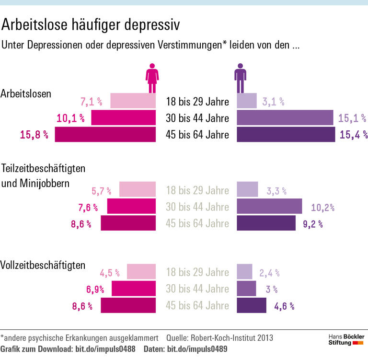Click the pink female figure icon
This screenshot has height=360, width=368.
pyautogui.click(x=152, y=78)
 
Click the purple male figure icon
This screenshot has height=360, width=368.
pyautogui.click(x=240, y=78)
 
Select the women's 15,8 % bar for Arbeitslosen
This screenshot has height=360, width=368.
pyautogui.click(x=105, y=134)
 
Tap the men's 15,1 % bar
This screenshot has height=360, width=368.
pyautogui.click(x=285, y=118)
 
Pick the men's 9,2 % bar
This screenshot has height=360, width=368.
pyautogui.click(x=266, y=223)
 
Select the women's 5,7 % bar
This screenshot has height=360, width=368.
pyautogui.click(x=138, y=190)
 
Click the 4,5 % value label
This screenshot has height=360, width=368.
pyautogui.click(x=110, y=273)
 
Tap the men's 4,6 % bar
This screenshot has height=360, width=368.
pyautogui.click(x=251, y=305)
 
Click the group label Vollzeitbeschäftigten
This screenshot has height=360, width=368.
pyautogui.click(x=44, y=265)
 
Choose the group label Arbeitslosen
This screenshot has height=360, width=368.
pyautogui.click(x=26, y=93)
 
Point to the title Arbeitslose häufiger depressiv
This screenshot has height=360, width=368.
pyautogui.click(x=92, y=24)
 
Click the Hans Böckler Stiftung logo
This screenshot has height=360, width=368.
pyautogui.click(x=345, y=340)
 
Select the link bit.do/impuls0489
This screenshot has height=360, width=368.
pyautogui.click(x=197, y=349)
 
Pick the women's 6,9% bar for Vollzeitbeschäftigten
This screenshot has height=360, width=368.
pyautogui.click(x=134, y=289)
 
